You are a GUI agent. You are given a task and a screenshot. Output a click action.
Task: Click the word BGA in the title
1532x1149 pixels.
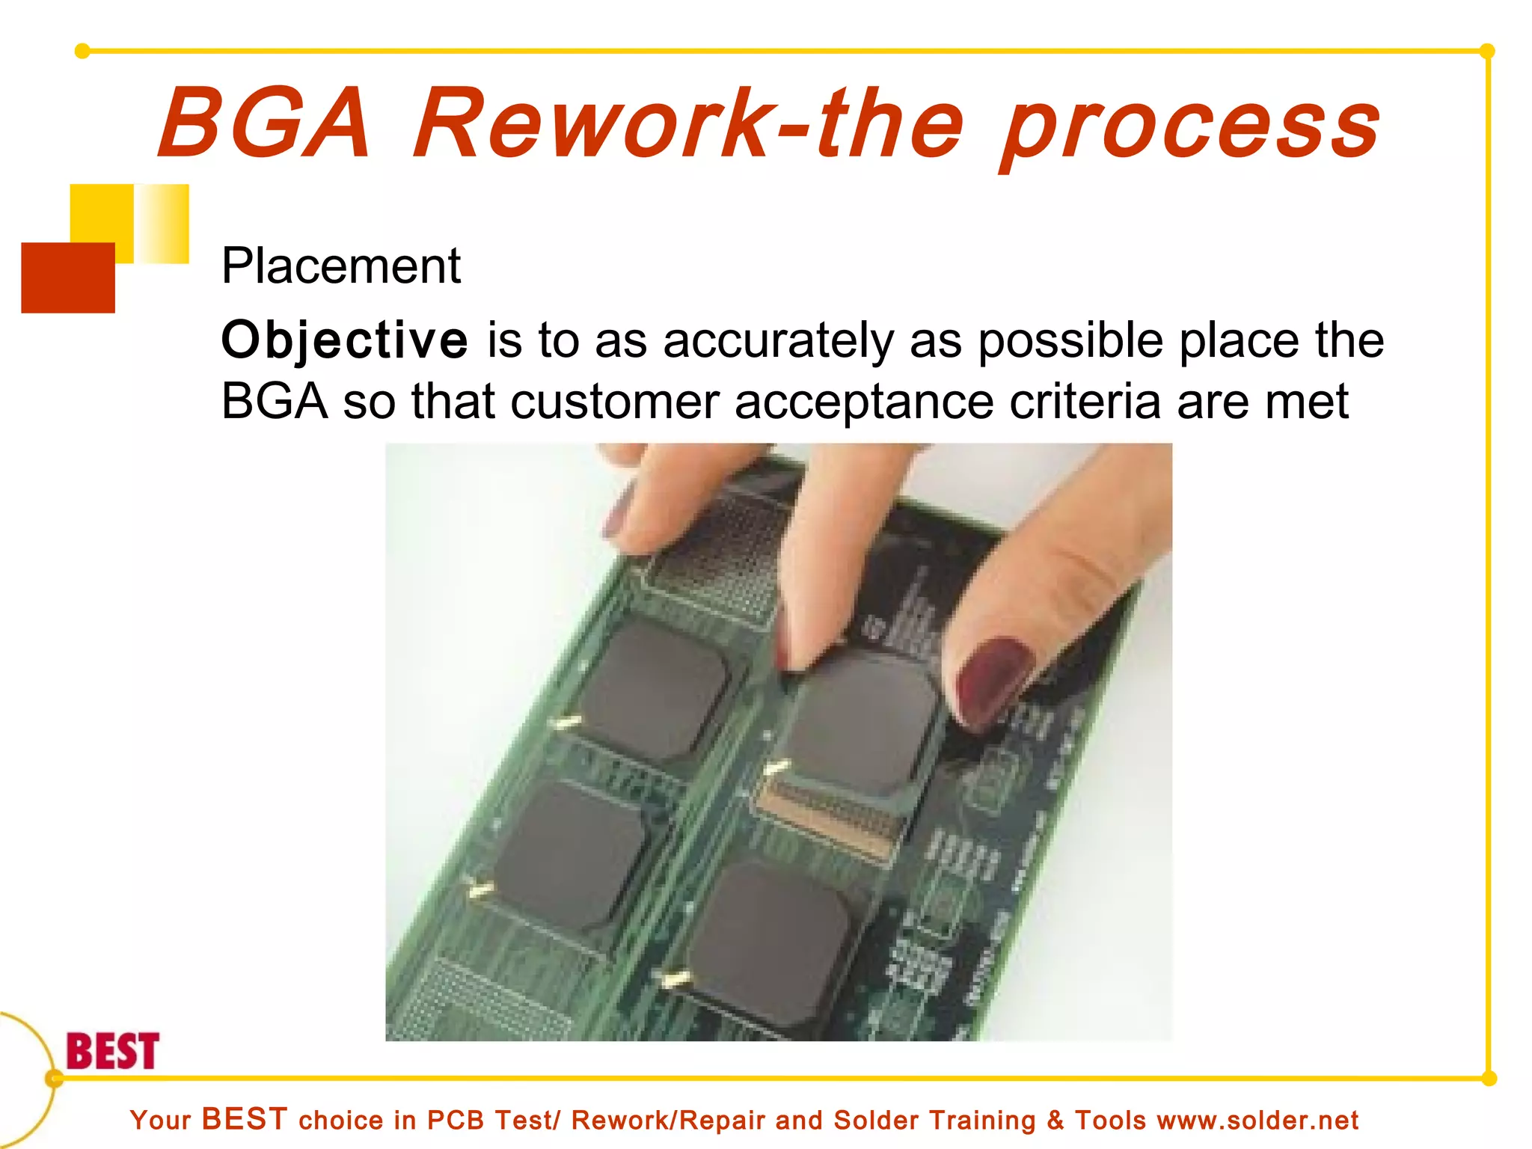(x=264, y=123)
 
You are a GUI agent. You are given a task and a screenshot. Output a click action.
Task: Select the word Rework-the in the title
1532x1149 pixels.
(x=688, y=123)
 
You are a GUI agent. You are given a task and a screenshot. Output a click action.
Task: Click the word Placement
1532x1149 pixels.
(x=341, y=266)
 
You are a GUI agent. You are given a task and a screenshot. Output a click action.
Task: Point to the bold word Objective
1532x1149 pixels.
(x=345, y=341)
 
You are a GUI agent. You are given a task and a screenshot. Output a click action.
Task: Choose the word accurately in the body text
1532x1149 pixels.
(x=778, y=341)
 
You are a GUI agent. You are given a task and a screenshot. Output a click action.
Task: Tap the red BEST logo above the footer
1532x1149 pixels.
(x=113, y=1051)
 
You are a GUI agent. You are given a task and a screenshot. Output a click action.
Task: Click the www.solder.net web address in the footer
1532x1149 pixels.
(x=1257, y=1121)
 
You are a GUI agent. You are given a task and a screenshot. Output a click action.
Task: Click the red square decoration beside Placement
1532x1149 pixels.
(x=68, y=278)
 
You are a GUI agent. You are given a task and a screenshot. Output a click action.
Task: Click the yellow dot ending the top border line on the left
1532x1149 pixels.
(x=82, y=51)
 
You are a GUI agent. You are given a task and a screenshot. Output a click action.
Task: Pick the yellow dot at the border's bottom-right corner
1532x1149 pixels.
(x=1489, y=1079)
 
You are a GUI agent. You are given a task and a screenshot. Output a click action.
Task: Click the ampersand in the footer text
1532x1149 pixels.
(x=1055, y=1121)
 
